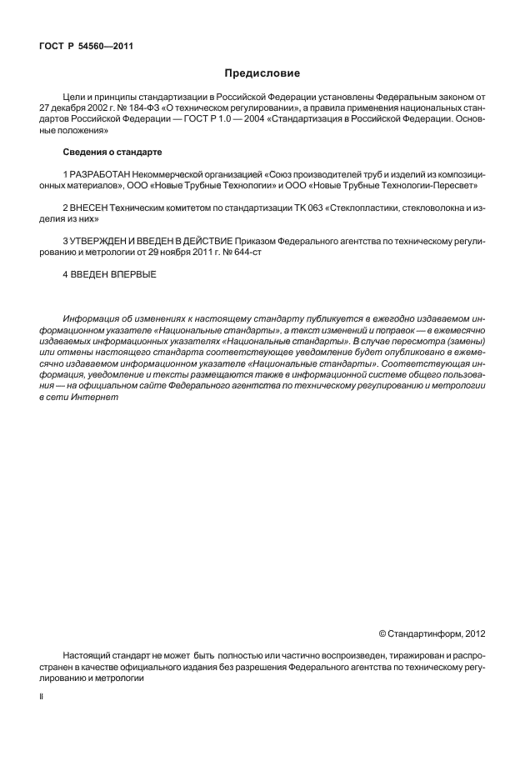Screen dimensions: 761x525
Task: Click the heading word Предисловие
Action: pos(262,73)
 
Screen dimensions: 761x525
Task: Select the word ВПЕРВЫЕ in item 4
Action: pos(132,273)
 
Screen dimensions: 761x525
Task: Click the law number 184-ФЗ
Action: pos(134,108)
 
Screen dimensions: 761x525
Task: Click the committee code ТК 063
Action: pos(311,206)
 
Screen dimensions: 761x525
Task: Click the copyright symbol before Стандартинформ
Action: pos(382,633)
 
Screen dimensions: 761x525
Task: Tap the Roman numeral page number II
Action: pos(42,693)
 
